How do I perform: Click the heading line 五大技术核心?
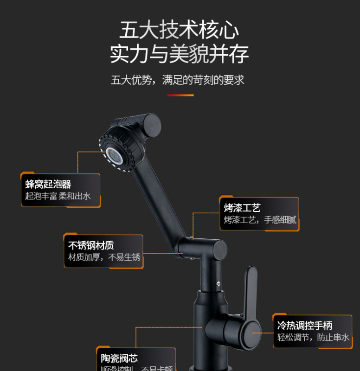point(180,30)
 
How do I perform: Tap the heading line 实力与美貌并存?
point(180,54)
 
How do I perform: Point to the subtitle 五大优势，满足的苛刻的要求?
point(178,80)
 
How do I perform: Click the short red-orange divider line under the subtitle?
point(180,95)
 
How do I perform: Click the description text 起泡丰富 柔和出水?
point(58,196)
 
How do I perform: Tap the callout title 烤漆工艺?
point(242,208)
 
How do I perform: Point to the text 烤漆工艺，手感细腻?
point(260,220)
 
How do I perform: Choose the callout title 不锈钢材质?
point(91,245)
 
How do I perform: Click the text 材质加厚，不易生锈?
point(104,257)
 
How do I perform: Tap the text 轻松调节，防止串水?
point(314,337)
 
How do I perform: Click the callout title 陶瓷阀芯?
point(119,358)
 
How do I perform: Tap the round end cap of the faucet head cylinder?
point(150,124)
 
